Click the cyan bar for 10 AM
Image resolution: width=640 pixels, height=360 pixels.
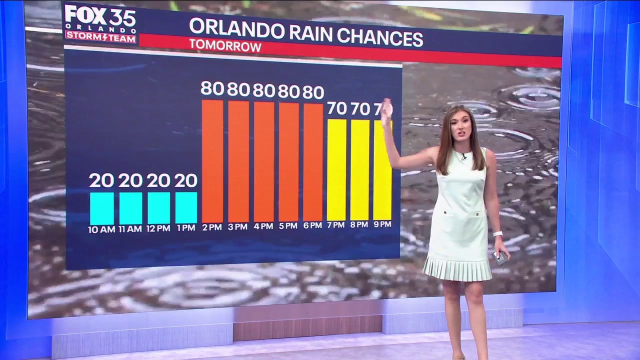(102, 208)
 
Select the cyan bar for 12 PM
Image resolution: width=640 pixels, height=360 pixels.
(158, 208)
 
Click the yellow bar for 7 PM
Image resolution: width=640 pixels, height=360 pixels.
(336, 169)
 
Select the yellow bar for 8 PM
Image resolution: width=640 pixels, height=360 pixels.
(360, 169)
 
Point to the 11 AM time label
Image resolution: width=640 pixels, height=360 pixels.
(130, 228)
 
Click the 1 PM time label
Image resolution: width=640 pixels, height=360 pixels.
(185, 228)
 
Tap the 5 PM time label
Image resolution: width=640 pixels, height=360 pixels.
(288, 226)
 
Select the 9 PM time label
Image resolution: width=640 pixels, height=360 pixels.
(382, 224)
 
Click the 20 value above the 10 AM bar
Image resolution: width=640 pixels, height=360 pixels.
(101, 180)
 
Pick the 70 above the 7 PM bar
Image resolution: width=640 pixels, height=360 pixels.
(336, 108)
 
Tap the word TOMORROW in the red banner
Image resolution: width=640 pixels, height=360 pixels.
(225, 46)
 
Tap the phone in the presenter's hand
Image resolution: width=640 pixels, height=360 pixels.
(500, 257)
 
